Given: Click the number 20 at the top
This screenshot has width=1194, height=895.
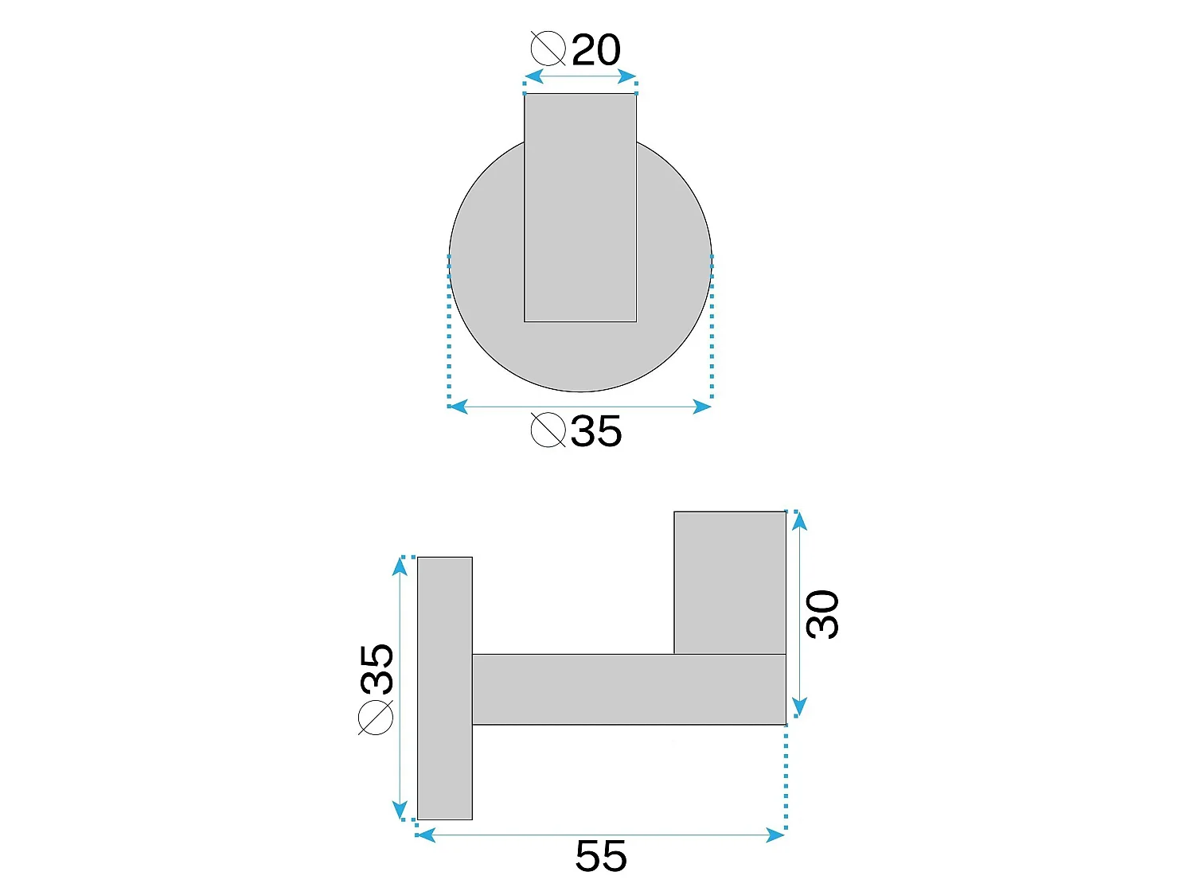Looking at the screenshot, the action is point(595,49).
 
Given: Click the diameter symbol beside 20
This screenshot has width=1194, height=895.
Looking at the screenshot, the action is point(548,49).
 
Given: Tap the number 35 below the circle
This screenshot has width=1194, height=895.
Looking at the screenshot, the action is point(596,431).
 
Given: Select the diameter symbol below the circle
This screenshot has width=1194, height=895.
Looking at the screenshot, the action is point(548,430).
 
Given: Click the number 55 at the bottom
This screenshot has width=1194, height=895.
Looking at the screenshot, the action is point(601,856).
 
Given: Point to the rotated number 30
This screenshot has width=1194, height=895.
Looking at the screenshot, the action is point(822,615).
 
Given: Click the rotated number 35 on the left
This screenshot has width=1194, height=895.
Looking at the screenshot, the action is point(377,669).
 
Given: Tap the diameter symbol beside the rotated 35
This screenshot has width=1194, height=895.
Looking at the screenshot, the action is point(376,718).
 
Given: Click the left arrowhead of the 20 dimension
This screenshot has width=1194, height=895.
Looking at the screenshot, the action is point(533,76).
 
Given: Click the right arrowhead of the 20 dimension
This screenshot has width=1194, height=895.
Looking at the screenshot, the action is point(627,76).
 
